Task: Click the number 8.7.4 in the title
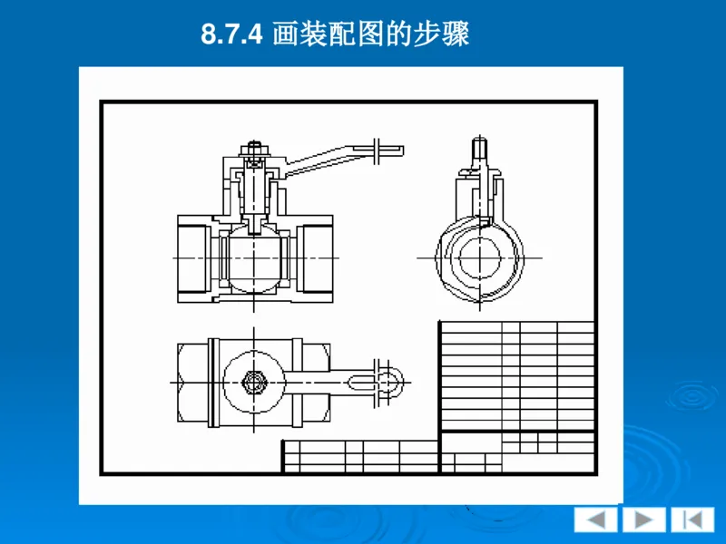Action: [x=231, y=35]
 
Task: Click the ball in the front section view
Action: [x=252, y=259]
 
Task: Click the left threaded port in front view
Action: [x=192, y=258]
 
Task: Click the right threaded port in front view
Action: [x=316, y=258]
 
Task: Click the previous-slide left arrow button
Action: [x=595, y=520]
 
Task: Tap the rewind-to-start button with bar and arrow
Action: [x=692, y=520]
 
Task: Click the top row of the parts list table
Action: [x=517, y=325]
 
